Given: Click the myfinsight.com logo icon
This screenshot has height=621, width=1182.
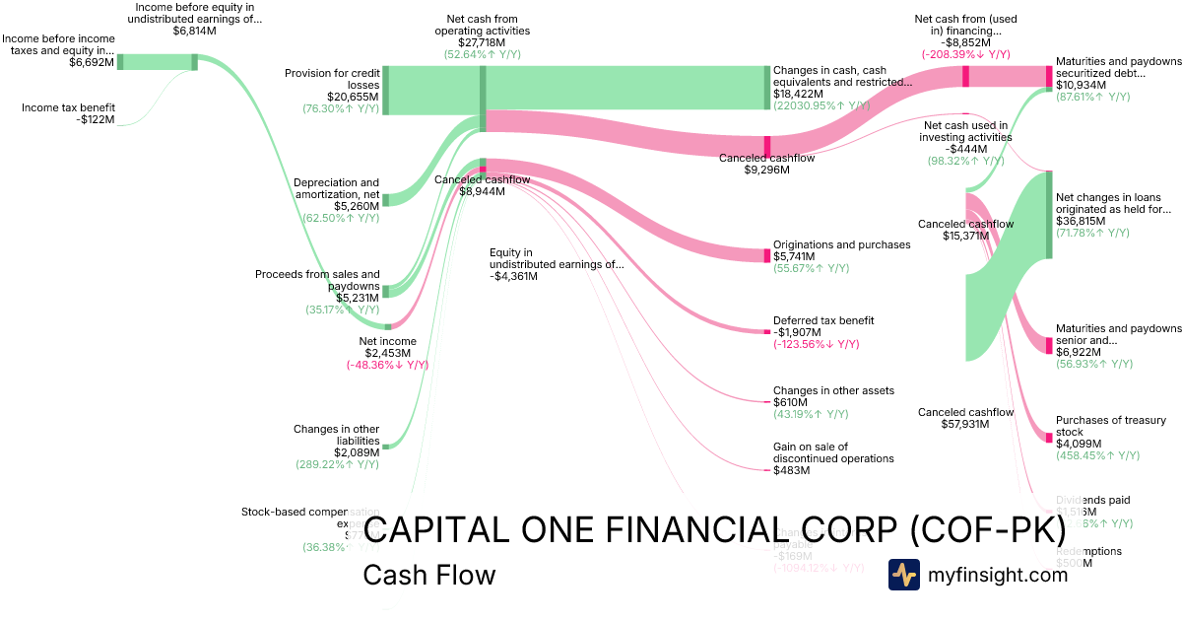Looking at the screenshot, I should pos(903,575).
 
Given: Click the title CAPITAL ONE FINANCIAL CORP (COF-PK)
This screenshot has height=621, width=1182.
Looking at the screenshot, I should pos(714,530).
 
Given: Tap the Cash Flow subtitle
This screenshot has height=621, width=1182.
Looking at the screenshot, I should pos(429,575).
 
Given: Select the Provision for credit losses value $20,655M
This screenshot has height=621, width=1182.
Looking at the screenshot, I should pos(352,97).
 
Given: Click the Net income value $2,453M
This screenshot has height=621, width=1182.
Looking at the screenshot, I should pos(387,353).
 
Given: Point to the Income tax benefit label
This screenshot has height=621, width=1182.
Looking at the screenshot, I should pos(68,107).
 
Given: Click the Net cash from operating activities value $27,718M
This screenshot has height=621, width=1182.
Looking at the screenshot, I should pos(482,42).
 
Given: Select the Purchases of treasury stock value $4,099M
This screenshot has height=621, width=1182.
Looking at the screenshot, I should pos(1083,444).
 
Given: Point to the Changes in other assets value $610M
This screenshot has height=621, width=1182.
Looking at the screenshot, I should pos(790,402).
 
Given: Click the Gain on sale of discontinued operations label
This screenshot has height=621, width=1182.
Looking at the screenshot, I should pos(833,452).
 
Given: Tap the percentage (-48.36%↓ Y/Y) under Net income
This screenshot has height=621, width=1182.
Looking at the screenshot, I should pos(387,365).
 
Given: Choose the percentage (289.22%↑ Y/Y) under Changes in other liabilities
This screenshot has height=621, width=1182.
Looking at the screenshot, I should pos(337,463).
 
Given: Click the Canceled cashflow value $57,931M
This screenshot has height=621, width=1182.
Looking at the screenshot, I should pos(965,424).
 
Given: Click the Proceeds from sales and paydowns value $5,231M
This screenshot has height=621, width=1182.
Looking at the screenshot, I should pos(352,298).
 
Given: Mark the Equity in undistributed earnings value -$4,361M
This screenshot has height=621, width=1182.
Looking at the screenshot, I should pos(514,276).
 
